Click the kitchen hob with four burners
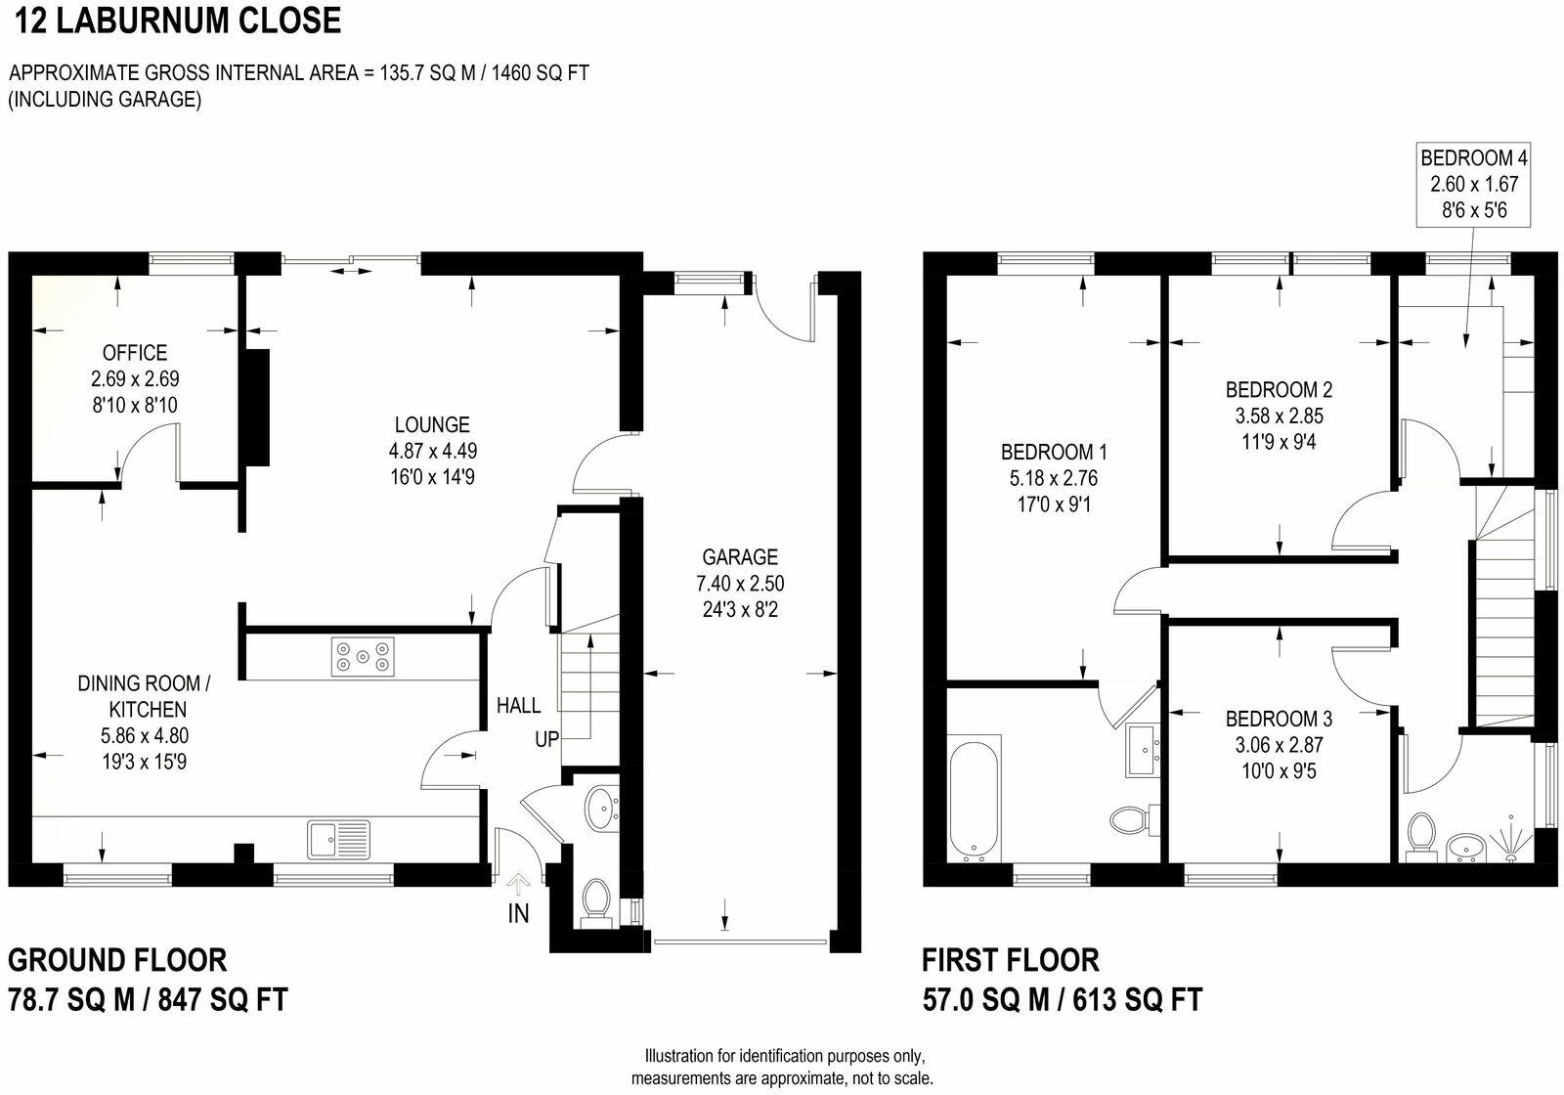pyautogui.click(x=363, y=656)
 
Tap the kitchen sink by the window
pyautogui.click(x=339, y=839)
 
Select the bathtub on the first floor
pyautogui.click(x=974, y=799)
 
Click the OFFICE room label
pyautogui.click(x=135, y=353)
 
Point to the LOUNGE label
pyautogui.click(x=432, y=424)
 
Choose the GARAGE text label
pyautogui.click(x=740, y=557)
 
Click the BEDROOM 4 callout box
pyautogui.click(x=1474, y=184)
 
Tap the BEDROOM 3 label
pyautogui.click(x=1279, y=719)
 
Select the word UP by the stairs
pyautogui.click(x=546, y=739)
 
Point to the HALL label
pyautogui.click(x=518, y=705)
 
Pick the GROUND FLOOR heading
pyautogui.click(x=117, y=960)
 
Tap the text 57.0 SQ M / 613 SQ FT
pyautogui.click(x=1062, y=1000)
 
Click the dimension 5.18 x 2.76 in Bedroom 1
pyautogui.click(x=1054, y=478)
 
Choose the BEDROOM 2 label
pyautogui.click(x=1279, y=389)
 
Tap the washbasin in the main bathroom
pyautogui.click(x=1142, y=749)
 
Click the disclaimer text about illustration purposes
pyautogui.click(x=782, y=1068)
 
